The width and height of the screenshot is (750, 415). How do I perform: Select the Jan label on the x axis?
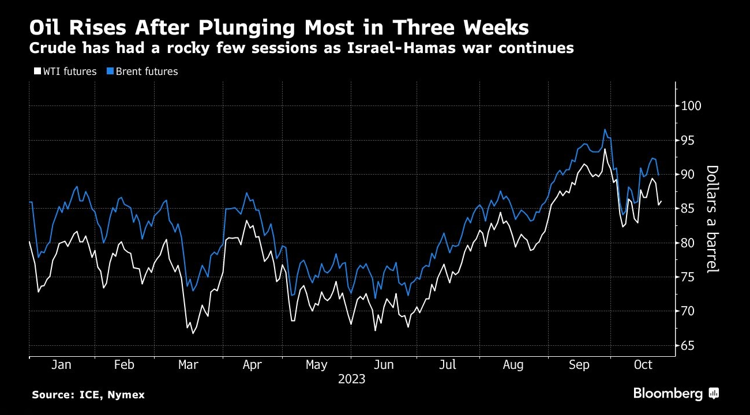[61, 365]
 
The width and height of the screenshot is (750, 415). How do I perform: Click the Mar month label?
[188, 365]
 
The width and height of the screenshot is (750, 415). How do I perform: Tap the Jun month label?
[384, 365]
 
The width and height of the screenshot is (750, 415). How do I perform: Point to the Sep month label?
[579, 365]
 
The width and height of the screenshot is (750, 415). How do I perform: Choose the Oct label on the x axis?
[643, 365]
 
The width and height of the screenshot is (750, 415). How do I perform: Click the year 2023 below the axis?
[352, 379]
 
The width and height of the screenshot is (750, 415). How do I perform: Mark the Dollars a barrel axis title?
[712, 219]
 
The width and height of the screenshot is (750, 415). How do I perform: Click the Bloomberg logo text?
[668, 394]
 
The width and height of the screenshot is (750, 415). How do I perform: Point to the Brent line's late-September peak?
[605, 129]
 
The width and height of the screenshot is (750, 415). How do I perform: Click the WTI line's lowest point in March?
[193, 333]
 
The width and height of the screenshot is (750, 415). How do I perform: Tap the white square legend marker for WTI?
[37, 71]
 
